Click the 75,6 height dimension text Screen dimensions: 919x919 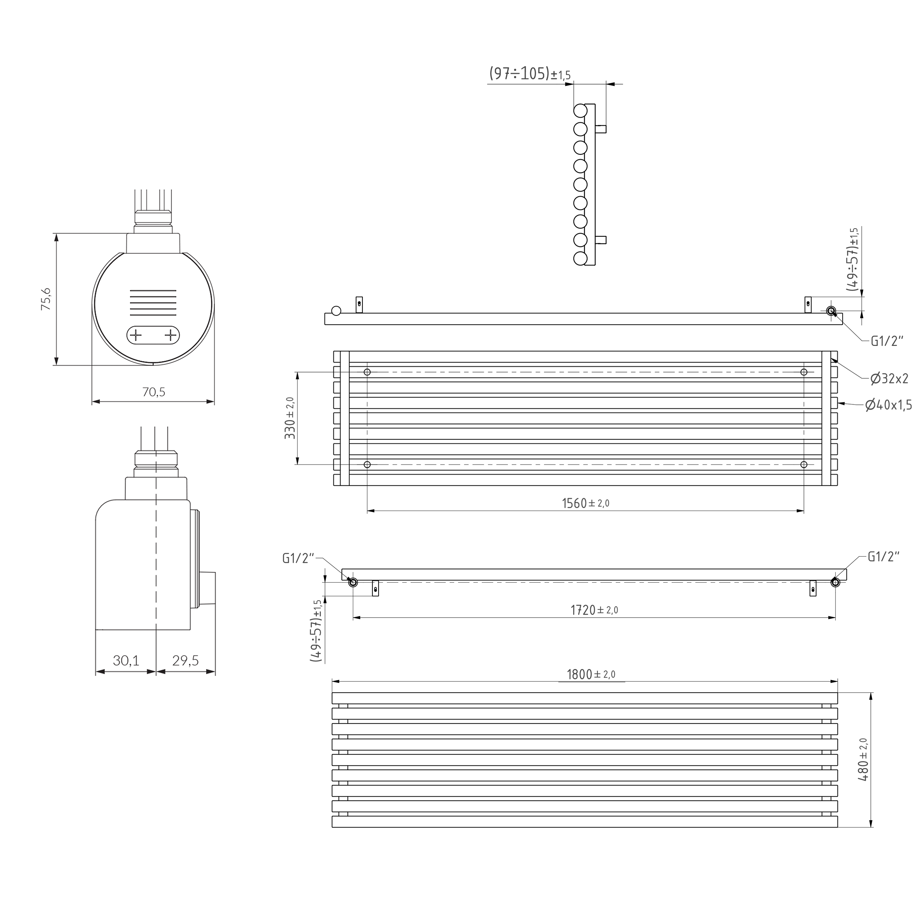46,299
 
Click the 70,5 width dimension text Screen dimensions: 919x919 154,392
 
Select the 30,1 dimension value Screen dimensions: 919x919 126,661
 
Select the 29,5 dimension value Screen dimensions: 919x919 186,661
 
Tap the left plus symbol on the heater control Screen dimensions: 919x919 136,335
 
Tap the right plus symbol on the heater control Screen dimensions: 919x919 170,335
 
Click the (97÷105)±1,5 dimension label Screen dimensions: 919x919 529,74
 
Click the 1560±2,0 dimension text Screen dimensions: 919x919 586,503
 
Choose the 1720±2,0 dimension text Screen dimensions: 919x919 594,610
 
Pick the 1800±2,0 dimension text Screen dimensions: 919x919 591,675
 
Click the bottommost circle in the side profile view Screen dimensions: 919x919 580,259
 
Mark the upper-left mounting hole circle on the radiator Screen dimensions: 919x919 367,372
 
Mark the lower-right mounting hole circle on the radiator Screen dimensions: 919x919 804,464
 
